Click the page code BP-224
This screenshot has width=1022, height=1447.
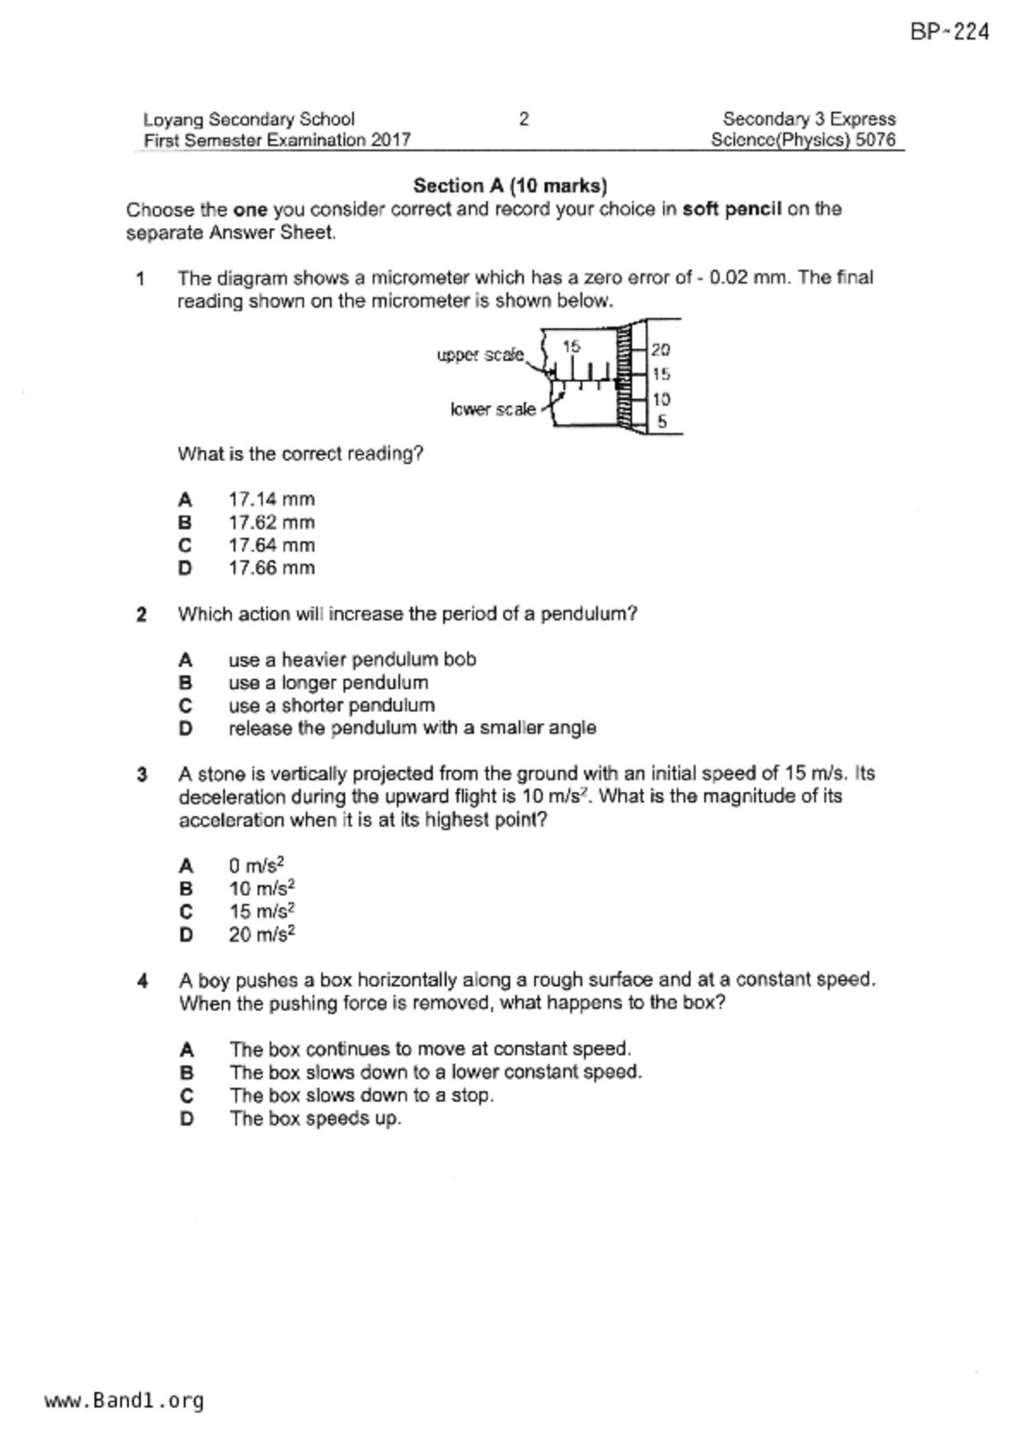tap(949, 32)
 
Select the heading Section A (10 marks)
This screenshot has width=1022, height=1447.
tap(510, 186)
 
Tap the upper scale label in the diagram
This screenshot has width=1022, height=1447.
tap(480, 355)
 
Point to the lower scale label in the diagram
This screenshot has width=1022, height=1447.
tap(493, 409)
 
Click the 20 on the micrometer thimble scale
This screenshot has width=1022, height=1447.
tap(661, 350)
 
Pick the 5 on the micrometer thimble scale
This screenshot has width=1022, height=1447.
tap(662, 422)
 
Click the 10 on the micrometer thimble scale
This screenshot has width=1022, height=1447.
tap(661, 399)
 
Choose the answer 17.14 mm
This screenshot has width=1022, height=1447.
tap(271, 499)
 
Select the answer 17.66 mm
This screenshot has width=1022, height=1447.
tap(271, 568)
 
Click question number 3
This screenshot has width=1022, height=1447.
tap(142, 775)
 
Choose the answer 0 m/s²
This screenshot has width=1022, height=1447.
tap(257, 865)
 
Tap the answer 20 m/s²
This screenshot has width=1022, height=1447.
tap(262, 935)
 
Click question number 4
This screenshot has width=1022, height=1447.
tap(142, 981)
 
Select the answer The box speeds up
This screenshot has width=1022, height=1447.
tap(315, 1119)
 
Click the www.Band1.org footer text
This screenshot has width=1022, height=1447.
tap(125, 1401)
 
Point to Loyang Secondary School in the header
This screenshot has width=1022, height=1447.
tap(249, 120)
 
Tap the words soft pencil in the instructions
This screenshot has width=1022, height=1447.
tap(732, 209)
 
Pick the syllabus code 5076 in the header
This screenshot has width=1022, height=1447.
tap(875, 140)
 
